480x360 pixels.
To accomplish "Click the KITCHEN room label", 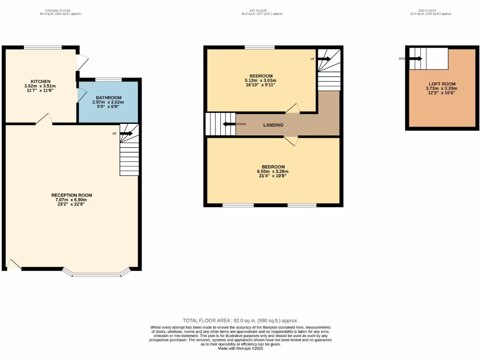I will coord(40,82).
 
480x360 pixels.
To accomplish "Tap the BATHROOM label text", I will coord(108,97).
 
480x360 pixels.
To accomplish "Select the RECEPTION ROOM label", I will coord(72,195).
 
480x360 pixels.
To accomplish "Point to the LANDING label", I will coord(273,125).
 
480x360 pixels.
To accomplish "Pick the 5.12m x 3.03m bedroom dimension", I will coord(261,81).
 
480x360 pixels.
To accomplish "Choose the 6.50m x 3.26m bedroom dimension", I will coord(273,172).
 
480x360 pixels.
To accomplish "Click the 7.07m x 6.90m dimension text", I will coord(72,200).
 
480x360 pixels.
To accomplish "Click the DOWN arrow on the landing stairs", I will coord(228,124).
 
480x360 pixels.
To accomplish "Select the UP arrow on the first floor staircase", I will coord(323,59).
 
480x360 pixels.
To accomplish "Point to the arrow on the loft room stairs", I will coord(415,59).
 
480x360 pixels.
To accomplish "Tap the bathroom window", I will coord(108,79).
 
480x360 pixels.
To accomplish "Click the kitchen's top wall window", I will coord(43,47).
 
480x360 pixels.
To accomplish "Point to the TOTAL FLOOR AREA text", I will coord(240,321).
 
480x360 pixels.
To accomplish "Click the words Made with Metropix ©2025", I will coord(240,348).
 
